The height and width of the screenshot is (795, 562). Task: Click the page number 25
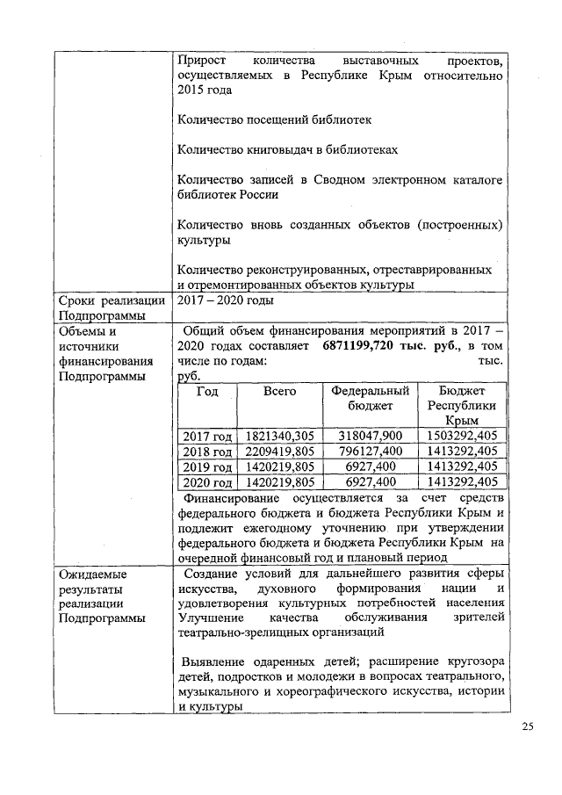point(527,726)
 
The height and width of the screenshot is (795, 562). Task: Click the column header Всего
point(279,391)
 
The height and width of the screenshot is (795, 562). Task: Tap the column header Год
point(207,391)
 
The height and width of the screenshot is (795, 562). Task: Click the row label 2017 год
point(206,436)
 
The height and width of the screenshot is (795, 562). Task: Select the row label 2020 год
point(206,482)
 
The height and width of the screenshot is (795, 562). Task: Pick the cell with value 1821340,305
point(279,436)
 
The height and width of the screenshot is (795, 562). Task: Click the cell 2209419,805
point(279,452)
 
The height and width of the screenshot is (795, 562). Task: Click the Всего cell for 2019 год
point(279,466)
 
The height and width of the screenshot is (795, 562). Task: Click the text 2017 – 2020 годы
point(225,300)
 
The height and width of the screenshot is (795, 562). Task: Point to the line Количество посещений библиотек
point(274,119)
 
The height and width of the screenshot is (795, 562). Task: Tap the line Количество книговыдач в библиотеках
point(287,149)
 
